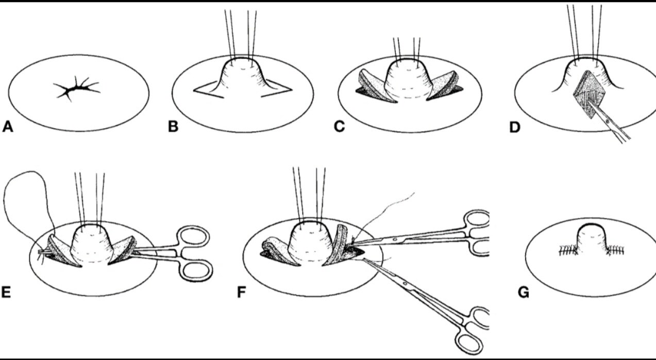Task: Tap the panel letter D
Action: click(x=514, y=126)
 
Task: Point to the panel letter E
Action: click(x=7, y=293)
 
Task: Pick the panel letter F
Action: click(x=241, y=293)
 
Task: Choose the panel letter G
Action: click(x=524, y=293)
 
